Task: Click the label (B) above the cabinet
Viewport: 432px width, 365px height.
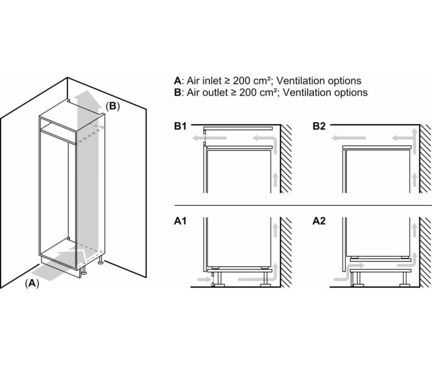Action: coord(113,106)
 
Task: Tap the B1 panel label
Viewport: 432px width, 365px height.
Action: coord(179,127)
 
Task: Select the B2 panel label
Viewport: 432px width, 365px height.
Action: coord(319,127)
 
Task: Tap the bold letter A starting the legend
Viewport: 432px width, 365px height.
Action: coord(177,81)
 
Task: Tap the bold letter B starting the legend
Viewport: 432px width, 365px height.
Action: coord(177,93)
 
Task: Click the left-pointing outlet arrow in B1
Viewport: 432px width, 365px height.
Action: coord(207,139)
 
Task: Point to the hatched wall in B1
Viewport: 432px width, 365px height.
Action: coord(286,158)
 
